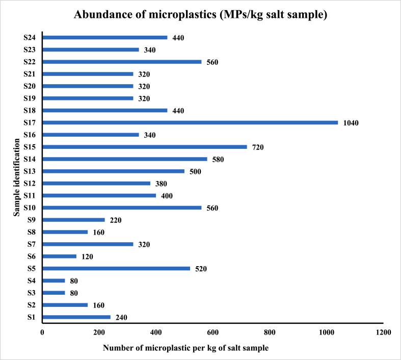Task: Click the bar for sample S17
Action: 190,122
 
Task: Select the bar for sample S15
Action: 144,147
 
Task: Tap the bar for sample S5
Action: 116,269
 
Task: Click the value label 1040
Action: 352,123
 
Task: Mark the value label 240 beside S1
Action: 120,318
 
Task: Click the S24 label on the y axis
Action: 30,37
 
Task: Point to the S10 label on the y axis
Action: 30,208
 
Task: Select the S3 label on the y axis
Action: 32,293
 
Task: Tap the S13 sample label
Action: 30,171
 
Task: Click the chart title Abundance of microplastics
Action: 200,14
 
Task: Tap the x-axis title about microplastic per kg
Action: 185,348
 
